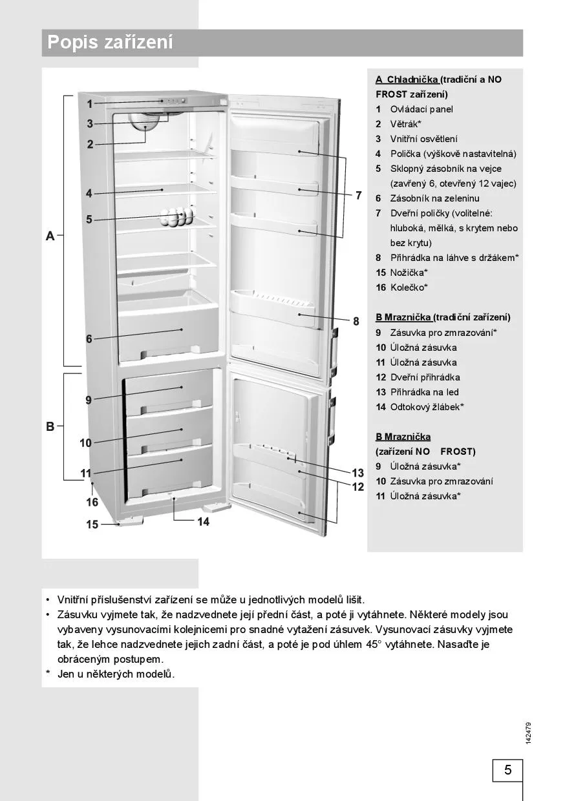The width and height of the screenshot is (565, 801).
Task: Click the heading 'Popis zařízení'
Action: click(x=111, y=43)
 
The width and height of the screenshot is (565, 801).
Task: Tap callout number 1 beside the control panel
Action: click(x=90, y=103)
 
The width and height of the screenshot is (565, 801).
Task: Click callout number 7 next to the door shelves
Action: click(x=358, y=195)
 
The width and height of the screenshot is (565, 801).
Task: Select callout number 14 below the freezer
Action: click(x=204, y=521)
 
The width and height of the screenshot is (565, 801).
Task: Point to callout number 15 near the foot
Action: click(x=92, y=525)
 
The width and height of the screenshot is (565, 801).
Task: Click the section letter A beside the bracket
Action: click(x=50, y=236)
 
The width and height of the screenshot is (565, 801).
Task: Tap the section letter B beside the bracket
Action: click(x=50, y=426)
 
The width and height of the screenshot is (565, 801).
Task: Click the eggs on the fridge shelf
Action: click(x=176, y=216)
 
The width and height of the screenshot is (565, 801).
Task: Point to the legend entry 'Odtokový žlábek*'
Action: click(x=427, y=407)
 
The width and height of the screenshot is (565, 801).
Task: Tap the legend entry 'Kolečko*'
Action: click(x=409, y=287)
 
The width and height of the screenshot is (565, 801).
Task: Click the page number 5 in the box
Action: click(x=507, y=770)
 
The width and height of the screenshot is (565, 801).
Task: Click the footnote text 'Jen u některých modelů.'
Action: click(x=116, y=674)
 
